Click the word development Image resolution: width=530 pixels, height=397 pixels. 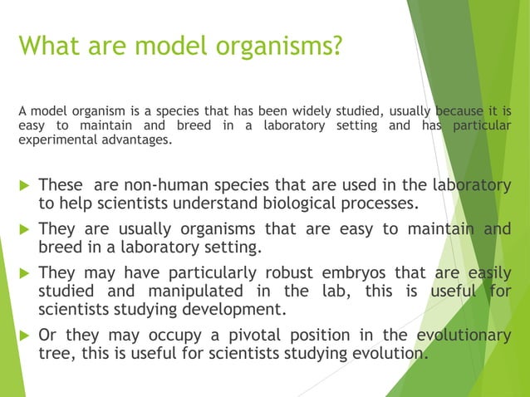(232, 311)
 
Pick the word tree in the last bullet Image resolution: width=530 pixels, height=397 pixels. (54, 354)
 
